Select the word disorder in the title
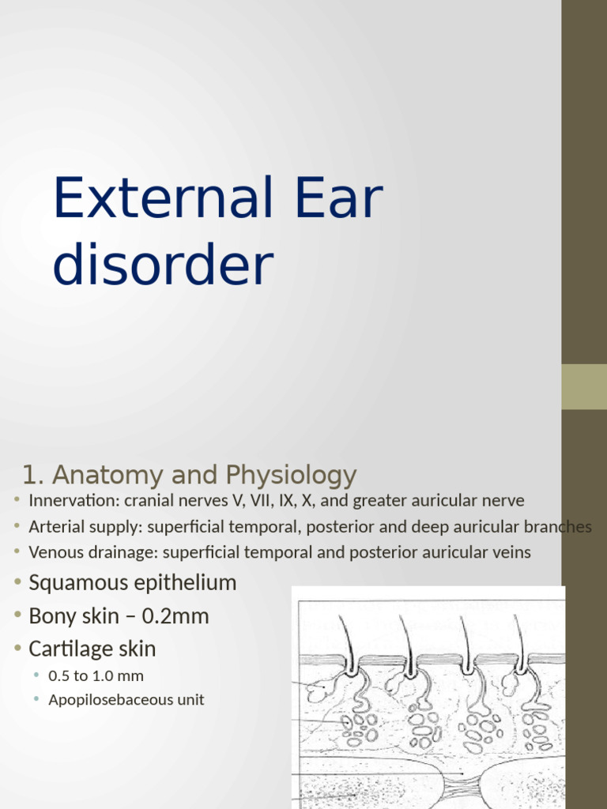[163, 265]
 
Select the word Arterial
[55, 527]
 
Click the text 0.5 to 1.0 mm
[96, 676]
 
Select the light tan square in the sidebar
[584, 386]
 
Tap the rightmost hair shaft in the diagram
[520, 636]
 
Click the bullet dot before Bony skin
[18, 616]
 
